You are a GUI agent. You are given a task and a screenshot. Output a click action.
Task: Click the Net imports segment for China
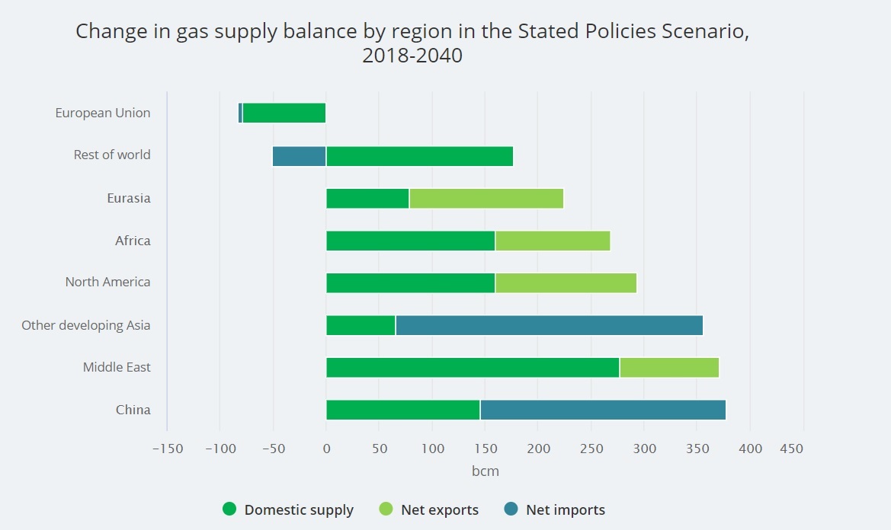tap(603, 410)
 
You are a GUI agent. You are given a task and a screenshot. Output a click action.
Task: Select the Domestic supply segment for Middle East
tap(473, 367)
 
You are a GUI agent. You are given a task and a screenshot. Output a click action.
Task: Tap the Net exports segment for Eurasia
tap(486, 198)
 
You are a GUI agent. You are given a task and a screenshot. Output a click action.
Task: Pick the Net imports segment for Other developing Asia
tap(549, 325)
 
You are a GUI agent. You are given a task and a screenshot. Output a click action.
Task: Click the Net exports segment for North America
tap(566, 283)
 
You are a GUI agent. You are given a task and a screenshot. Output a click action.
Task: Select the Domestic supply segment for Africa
tap(410, 241)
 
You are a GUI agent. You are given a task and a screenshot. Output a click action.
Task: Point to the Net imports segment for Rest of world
tap(299, 155)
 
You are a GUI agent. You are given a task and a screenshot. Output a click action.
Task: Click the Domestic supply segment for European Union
tap(284, 113)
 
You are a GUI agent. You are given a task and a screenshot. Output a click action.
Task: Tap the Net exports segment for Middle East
tap(669, 367)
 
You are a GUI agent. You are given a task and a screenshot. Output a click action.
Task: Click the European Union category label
tap(103, 113)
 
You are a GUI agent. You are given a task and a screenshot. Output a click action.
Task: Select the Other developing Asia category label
tap(86, 325)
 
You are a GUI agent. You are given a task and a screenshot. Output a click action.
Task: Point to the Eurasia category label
tap(129, 198)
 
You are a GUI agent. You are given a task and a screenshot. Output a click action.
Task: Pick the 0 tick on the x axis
tap(326, 449)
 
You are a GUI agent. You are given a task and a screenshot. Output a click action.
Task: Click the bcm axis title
tap(486, 471)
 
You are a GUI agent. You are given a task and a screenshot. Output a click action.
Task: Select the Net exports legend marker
tap(386, 509)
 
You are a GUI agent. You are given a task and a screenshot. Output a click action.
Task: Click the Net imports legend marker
tap(511, 509)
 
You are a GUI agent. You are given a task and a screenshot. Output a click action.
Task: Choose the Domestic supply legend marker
tap(229, 509)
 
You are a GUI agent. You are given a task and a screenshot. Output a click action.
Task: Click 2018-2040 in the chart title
tap(412, 56)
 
